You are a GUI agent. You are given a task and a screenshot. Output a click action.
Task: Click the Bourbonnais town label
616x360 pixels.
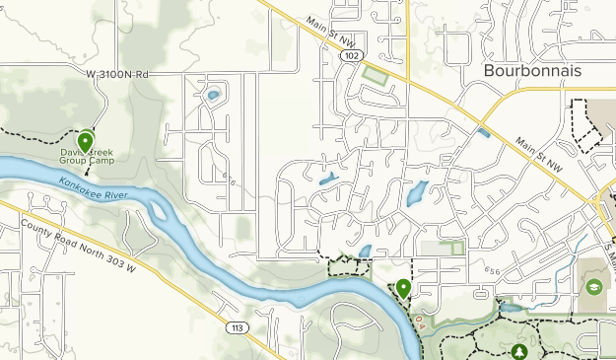coord(533,72)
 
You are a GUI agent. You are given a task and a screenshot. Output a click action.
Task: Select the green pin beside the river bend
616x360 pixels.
coord(403,288)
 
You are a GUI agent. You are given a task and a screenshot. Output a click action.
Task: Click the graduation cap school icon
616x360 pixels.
coord(594,286)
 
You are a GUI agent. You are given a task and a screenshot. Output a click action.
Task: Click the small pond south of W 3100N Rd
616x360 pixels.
coord(212,97)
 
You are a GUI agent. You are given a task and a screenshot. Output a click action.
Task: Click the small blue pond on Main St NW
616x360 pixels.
coord(482,132)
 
